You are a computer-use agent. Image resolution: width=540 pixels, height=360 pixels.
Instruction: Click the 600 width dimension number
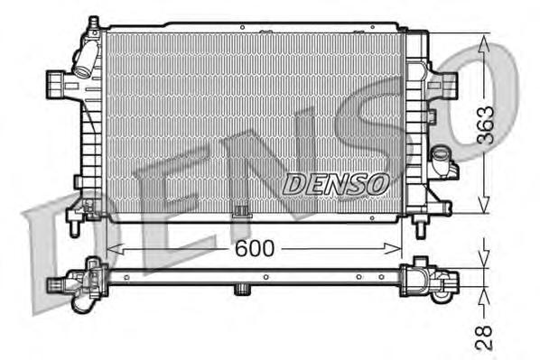pyautogui.click(x=255, y=248)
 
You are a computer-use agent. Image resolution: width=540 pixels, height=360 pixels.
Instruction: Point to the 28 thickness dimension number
pyautogui.click(x=485, y=337)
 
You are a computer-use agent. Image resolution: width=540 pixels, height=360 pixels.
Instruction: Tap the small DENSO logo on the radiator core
pyautogui.click(x=336, y=183)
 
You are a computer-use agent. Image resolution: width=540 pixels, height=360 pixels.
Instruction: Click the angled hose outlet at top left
pyautogui.click(x=84, y=62)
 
